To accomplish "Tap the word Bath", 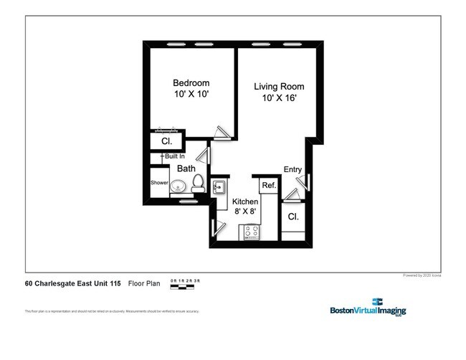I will [186, 169].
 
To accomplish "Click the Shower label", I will [159, 183].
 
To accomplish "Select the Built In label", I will [174, 156].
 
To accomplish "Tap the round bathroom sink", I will [179, 187].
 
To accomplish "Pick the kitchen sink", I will [219, 187].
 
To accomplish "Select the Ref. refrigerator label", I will [269, 186].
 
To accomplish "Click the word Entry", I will [293, 169].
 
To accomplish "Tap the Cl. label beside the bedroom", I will [166, 141].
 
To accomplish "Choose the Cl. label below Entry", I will [293, 217].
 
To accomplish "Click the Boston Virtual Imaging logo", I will [367, 308].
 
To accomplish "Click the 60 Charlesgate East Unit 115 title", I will [73, 283].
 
